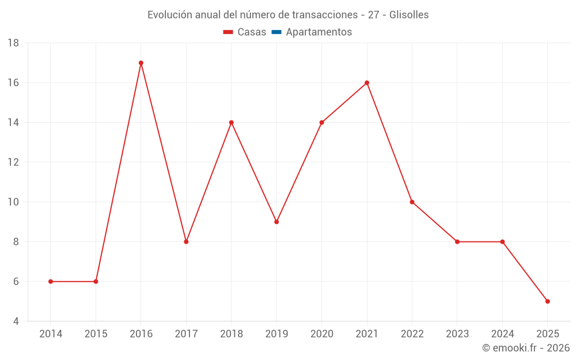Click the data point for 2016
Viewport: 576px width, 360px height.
pos(141,63)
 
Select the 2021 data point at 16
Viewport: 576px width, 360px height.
pos(367,83)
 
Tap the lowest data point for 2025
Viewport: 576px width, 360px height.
pos(547,301)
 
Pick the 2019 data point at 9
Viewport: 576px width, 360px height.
pos(276,222)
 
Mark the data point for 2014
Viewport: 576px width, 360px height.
pos(51,282)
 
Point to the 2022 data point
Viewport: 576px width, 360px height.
pos(412,202)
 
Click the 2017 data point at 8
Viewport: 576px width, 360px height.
pos(186,242)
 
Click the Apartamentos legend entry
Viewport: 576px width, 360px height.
pos(319,32)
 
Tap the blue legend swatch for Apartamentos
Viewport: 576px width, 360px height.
pos(276,32)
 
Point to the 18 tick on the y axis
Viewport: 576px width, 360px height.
pos(13,43)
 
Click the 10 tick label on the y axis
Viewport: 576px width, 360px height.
pos(13,202)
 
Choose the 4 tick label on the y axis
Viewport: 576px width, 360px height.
pos(16,321)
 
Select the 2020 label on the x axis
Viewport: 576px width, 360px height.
pos(321,334)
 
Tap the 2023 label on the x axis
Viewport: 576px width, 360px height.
pos(457,334)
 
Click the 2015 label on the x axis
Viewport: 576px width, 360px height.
pos(96,334)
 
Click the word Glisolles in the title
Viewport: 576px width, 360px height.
pos(409,15)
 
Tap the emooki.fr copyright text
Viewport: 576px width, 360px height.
pos(526,348)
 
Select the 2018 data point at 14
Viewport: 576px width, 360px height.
pos(232,123)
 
